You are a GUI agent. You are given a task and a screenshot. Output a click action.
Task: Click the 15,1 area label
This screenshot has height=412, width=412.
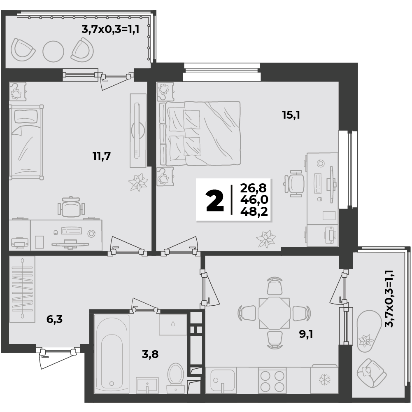[291, 115]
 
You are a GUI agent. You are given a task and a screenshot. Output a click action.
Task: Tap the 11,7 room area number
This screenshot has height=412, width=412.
[102, 156]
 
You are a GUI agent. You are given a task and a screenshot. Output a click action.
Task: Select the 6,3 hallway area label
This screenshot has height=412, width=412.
[54, 319]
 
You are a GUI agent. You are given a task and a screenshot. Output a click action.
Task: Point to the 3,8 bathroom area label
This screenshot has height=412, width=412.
[150, 354]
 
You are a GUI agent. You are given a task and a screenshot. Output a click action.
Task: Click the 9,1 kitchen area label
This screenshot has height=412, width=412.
[306, 335]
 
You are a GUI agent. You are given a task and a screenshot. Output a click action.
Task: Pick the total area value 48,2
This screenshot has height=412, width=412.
[254, 211]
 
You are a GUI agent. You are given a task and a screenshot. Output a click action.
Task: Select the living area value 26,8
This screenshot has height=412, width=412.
[254, 188]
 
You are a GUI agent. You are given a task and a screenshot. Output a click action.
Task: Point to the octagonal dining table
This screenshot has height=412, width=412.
[274, 314]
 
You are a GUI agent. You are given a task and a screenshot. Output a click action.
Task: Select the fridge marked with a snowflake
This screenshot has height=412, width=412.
[324, 379]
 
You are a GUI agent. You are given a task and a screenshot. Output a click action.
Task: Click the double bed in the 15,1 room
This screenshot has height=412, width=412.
[200, 133]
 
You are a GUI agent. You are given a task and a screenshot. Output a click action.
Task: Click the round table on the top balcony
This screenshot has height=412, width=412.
[54, 51]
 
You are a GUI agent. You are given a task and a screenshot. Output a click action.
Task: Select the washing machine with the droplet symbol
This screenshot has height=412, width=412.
[173, 324]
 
